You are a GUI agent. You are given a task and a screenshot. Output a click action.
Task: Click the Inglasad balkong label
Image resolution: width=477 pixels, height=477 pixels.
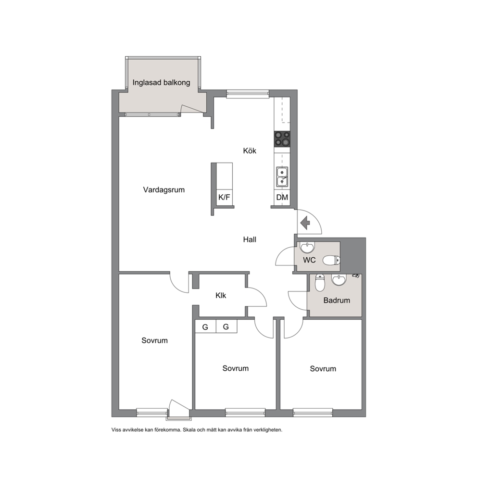pyautogui.click(x=161, y=82)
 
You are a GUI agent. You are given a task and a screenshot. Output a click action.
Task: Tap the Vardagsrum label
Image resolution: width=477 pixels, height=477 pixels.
pyautogui.click(x=163, y=190)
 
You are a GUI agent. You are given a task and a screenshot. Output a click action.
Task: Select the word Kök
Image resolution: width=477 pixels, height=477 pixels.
pyautogui.click(x=250, y=151)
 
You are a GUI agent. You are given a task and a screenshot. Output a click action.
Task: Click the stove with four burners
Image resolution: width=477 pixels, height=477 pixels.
pyautogui.click(x=282, y=138)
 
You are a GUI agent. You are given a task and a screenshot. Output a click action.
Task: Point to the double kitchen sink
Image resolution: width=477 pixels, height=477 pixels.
pyautogui.click(x=282, y=177)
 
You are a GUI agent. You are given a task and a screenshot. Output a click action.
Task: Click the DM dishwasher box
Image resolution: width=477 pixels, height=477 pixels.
pyautogui.click(x=282, y=198)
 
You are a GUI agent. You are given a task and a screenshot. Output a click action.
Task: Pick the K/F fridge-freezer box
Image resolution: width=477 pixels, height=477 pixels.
pyautogui.click(x=224, y=198)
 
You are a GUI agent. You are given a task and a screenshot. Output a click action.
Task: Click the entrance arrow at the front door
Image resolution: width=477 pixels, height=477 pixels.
pyautogui.click(x=305, y=223)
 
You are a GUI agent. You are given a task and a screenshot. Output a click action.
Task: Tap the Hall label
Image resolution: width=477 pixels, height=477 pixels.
pyautogui.click(x=250, y=240)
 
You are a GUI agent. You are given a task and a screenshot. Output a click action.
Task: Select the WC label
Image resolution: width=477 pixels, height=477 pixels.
pyautogui.click(x=309, y=260)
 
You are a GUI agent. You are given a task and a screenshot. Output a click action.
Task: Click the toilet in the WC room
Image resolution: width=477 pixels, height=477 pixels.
pyautogui.click(x=331, y=261)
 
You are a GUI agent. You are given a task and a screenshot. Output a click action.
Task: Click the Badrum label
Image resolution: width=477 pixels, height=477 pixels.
pyautogui.click(x=337, y=301)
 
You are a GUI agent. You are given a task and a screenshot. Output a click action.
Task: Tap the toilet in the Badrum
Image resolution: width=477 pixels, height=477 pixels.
pyautogui.click(x=320, y=283)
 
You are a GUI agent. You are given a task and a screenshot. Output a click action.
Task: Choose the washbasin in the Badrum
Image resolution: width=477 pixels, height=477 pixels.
pyautogui.click(x=339, y=280)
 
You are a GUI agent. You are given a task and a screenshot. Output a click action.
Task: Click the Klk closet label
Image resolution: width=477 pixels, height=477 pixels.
pyautogui.click(x=221, y=295)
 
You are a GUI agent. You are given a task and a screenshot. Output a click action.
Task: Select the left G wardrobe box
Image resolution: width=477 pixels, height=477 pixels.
pyautogui.click(x=205, y=326)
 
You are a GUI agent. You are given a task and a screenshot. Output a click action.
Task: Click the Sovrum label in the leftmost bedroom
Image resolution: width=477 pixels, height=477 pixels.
pyautogui.click(x=154, y=340)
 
